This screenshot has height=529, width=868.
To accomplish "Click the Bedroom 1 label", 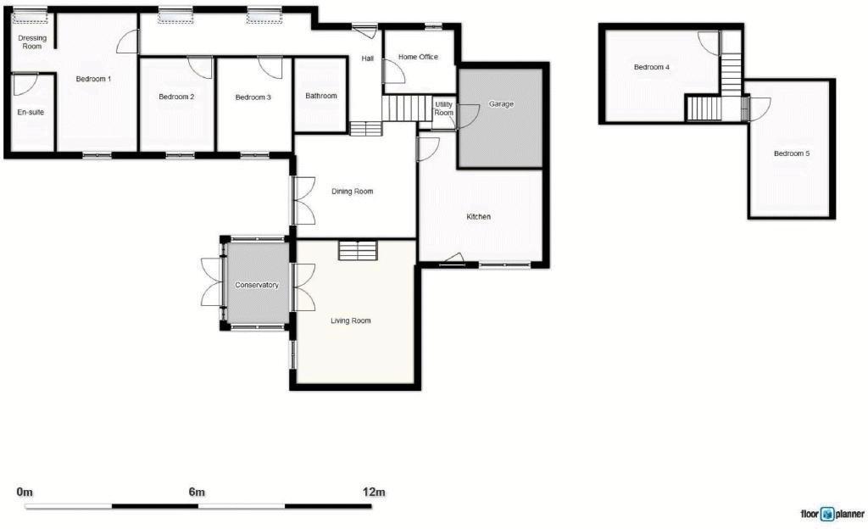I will (x=93, y=79).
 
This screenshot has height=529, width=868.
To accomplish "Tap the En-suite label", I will (x=31, y=112).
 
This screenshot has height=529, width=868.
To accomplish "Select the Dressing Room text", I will (x=32, y=42).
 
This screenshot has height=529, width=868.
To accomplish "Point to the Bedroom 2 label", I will (x=176, y=97).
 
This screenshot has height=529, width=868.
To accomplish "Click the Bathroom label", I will (x=321, y=96).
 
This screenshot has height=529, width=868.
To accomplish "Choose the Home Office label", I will (x=418, y=57).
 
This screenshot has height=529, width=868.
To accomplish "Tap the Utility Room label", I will (x=444, y=109).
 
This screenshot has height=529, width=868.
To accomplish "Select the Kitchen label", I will (x=479, y=217).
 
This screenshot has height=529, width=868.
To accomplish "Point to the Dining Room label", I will (x=353, y=192).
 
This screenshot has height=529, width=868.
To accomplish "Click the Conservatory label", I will (x=257, y=285).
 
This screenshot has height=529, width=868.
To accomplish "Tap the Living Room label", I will (x=350, y=320).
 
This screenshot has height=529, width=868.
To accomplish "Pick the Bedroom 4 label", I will (x=652, y=66).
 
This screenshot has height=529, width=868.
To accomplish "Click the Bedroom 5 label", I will (x=792, y=153).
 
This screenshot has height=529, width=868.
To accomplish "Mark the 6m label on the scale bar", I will (x=197, y=492).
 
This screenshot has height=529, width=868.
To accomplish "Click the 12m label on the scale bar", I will (x=374, y=492).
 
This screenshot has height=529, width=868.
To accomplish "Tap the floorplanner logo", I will (x=832, y=514).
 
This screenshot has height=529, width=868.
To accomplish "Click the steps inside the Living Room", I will (x=357, y=250).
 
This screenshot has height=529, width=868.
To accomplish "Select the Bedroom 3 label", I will (x=253, y=97).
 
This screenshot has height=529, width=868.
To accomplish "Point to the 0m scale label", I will (x=25, y=492).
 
